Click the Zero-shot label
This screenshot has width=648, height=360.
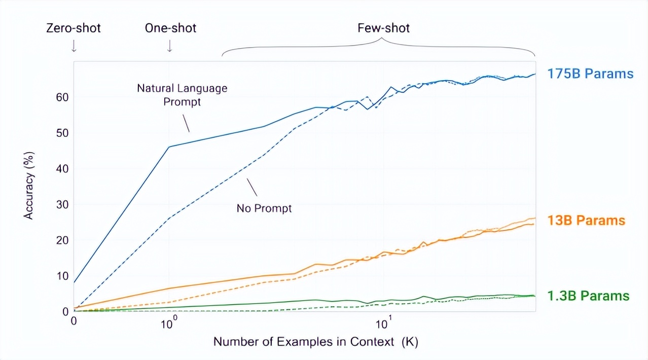point(74,28)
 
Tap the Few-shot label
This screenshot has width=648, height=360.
point(383,28)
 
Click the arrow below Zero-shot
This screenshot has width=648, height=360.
point(74,46)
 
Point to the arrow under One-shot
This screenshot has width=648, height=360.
point(169,46)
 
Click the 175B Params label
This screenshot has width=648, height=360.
point(590,74)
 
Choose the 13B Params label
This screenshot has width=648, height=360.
point(586,221)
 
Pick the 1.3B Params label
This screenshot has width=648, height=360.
point(588,296)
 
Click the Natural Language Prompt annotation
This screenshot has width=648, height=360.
point(182,95)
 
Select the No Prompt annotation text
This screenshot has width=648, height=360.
point(264,208)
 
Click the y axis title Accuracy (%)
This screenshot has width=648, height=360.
point(29,186)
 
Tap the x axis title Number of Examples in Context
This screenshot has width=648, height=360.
point(315,342)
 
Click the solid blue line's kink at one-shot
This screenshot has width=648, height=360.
point(169,147)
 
